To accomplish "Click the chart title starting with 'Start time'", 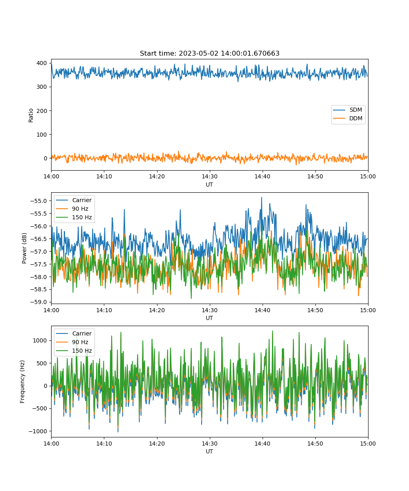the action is [209, 53].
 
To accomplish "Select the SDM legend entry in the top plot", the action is [347, 110].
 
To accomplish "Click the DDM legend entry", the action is [347, 118].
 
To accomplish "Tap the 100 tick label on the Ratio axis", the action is [42, 135].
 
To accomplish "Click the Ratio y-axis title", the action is [31, 115].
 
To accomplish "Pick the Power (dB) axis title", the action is [24, 248].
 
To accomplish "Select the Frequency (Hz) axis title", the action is [22, 382].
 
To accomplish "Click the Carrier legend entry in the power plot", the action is [74, 200].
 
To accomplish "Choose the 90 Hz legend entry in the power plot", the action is [72, 209].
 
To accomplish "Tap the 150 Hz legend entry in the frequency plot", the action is [74, 351].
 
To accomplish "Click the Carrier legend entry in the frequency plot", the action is [74, 333].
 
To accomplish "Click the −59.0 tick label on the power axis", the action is [38, 302].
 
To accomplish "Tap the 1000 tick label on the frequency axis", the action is [40, 340].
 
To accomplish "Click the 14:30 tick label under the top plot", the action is [210, 176].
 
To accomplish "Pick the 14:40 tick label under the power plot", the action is [262, 310].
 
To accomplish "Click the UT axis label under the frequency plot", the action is [209, 451].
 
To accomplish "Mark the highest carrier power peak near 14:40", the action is [262, 198].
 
